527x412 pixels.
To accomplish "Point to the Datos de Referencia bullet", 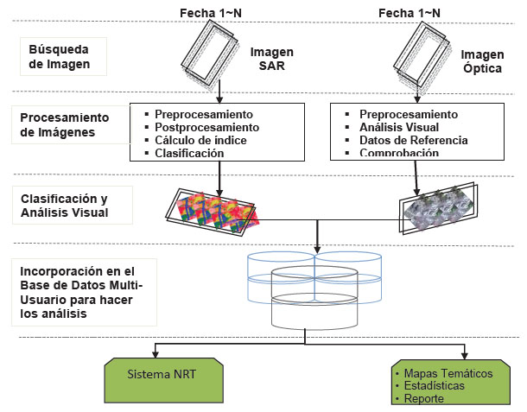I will point(413,140).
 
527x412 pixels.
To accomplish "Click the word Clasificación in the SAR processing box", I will point(190,153).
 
